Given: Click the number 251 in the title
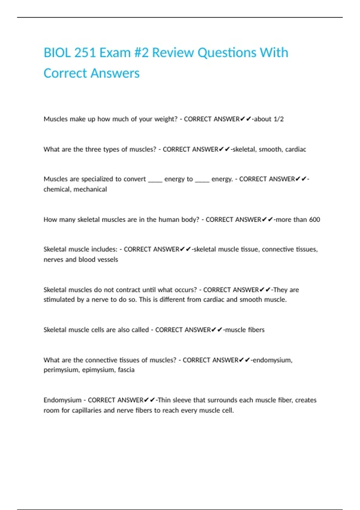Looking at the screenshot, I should [x=85, y=53].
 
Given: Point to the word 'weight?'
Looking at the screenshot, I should [x=166, y=119].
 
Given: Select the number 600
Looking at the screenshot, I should [x=314, y=220].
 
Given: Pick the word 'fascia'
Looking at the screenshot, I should [x=126, y=370].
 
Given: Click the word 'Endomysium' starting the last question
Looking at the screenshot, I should [x=62, y=400].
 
